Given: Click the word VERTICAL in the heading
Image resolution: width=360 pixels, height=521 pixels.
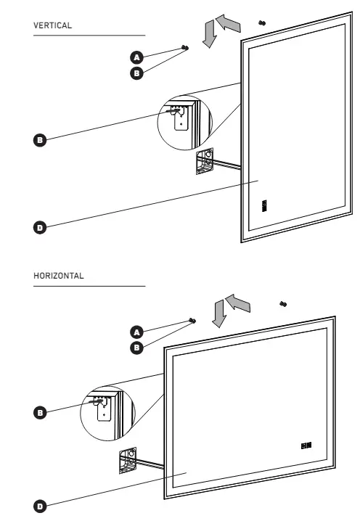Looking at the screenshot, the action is click(x=52, y=25).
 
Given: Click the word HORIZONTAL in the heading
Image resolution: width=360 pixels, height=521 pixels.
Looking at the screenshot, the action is click(x=59, y=276).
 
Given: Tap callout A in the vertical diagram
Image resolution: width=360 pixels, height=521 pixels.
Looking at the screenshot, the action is click(x=136, y=57).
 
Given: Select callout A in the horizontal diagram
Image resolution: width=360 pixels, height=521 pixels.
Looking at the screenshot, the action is click(x=136, y=332).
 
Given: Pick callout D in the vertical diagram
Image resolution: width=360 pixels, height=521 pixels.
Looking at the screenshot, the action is click(x=40, y=228).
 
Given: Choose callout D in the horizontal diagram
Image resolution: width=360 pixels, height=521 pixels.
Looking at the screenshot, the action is click(x=40, y=506).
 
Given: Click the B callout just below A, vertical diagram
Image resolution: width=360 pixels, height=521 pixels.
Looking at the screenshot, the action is click(x=136, y=73).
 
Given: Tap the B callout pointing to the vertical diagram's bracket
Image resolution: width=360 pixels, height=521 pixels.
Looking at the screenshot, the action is click(x=40, y=140).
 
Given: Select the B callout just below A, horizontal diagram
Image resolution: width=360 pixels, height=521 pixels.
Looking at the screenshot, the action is click(x=136, y=348).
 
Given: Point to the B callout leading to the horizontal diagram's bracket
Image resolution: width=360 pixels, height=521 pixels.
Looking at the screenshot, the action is click(x=40, y=413).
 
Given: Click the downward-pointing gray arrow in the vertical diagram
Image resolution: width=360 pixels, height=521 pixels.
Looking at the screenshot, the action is click(x=210, y=34).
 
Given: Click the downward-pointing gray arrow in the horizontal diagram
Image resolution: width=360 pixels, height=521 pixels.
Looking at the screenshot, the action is click(x=219, y=314).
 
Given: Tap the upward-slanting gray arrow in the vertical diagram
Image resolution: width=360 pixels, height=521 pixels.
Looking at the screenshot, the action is click(x=229, y=22).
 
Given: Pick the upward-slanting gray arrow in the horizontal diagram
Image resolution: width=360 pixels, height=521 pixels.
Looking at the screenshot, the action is click(x=238, y=303).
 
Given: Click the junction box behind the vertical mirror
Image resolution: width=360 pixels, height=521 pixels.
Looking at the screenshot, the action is click(x=205, y=161).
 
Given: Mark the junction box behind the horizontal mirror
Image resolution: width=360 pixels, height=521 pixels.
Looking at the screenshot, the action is click(x=128, y=460).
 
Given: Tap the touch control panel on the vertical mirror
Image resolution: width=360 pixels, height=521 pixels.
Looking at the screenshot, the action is click(x=264, y=205).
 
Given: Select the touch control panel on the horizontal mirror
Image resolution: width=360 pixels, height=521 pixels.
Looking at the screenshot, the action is click(x=306, y=446).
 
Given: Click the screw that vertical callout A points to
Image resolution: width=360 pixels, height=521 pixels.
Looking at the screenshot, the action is click(x=185, y=48).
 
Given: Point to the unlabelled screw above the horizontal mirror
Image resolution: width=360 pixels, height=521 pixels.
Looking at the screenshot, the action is click(x=283, y=304).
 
